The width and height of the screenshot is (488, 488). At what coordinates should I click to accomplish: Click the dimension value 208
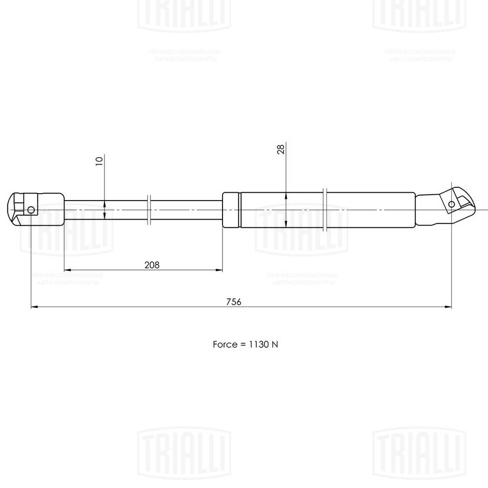tap(152, 264)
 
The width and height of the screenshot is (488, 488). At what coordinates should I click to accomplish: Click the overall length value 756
tap(234, 302)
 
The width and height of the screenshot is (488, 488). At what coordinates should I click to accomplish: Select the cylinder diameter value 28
tap(281, 149)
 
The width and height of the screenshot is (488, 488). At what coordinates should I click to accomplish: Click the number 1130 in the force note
tap(258, 344)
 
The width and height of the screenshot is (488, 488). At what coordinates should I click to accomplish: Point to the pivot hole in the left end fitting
tap(31, 210)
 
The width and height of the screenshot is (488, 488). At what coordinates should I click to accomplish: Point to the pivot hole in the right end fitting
tap(451, 203)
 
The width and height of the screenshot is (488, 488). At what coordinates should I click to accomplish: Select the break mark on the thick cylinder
tap(325, 209)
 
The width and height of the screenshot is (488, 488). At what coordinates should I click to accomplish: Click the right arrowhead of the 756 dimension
tap(447, 307)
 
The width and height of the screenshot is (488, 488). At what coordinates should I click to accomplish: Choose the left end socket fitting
tap(36, 209)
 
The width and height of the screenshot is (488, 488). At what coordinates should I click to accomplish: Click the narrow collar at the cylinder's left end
tap(231, 210)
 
